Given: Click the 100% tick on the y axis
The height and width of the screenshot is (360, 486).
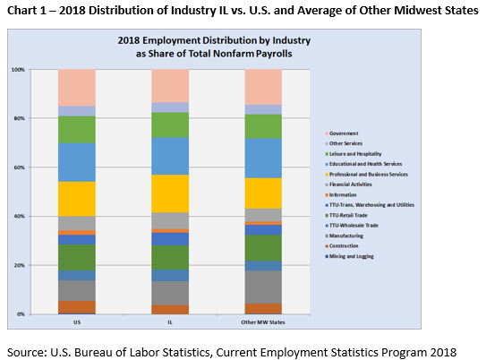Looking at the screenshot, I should (18, 69).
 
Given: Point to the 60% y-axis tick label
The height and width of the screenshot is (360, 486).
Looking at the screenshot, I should (18, 167).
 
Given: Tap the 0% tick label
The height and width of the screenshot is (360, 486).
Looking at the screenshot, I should (20, 314).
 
